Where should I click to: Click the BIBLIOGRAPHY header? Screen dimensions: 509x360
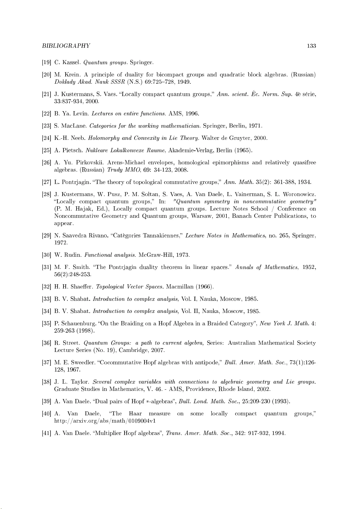click(66, 46)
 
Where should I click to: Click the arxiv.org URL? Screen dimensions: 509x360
click(105, 421)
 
